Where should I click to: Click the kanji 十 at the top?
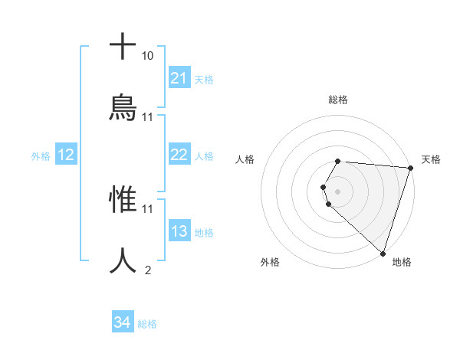click(123, 47)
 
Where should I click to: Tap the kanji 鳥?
click(123, 108)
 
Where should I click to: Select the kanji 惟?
click(123, 200)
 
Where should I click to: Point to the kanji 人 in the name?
click(123, 260)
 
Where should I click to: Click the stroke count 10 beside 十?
click(147, 56)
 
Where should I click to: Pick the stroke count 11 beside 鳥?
click(147, 116)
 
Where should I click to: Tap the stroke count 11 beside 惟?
click(147, 208)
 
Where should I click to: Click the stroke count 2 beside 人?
click(147, 270)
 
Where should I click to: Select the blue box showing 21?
click(179, 78)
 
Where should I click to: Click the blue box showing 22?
click(179, 155)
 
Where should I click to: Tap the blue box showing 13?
click(179, 231)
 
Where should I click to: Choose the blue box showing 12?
click(65, 155)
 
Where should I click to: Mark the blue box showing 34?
click(122, 323)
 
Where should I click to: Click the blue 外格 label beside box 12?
click(41, 156)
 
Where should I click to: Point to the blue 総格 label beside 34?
click(147, 324)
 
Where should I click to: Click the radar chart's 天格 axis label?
click(431, 159)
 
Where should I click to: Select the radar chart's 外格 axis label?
click(269, 262)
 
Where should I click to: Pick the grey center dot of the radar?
click(337, 191)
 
